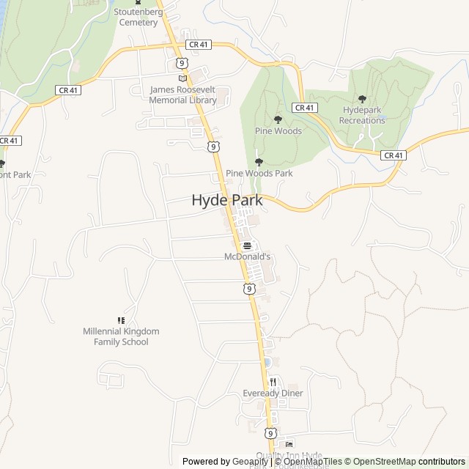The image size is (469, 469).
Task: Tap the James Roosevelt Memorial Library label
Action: [x=183, y=95]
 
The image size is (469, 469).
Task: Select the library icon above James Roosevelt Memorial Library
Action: [x=182, y=78]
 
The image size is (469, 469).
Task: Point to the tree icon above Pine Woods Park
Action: [x=258, y=162]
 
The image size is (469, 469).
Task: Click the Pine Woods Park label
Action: [x=259, y=174]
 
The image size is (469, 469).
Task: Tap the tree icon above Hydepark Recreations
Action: [x=362, y=99]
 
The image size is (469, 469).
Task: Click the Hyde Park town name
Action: [x=226, y=199]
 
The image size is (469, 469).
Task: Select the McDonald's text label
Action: [x=247, y=257]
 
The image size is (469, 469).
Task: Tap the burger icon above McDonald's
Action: [x=247, y=245]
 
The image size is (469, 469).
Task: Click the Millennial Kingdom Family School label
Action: [x=121, y=336]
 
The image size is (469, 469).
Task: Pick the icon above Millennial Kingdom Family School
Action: [x=121, y=320]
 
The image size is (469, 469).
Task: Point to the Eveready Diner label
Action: [x=273, y=394]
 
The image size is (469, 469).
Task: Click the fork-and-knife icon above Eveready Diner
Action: [x=273, y=381]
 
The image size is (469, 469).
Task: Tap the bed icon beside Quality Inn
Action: [x=289, y=444]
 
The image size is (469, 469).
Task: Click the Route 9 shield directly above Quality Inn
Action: [x=270, y=433]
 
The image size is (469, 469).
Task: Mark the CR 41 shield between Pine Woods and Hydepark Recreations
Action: [x=304, y=108]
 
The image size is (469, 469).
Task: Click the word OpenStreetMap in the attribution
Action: [x=384, y=462]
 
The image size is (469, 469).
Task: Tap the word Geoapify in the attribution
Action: [x=251, y=462]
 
